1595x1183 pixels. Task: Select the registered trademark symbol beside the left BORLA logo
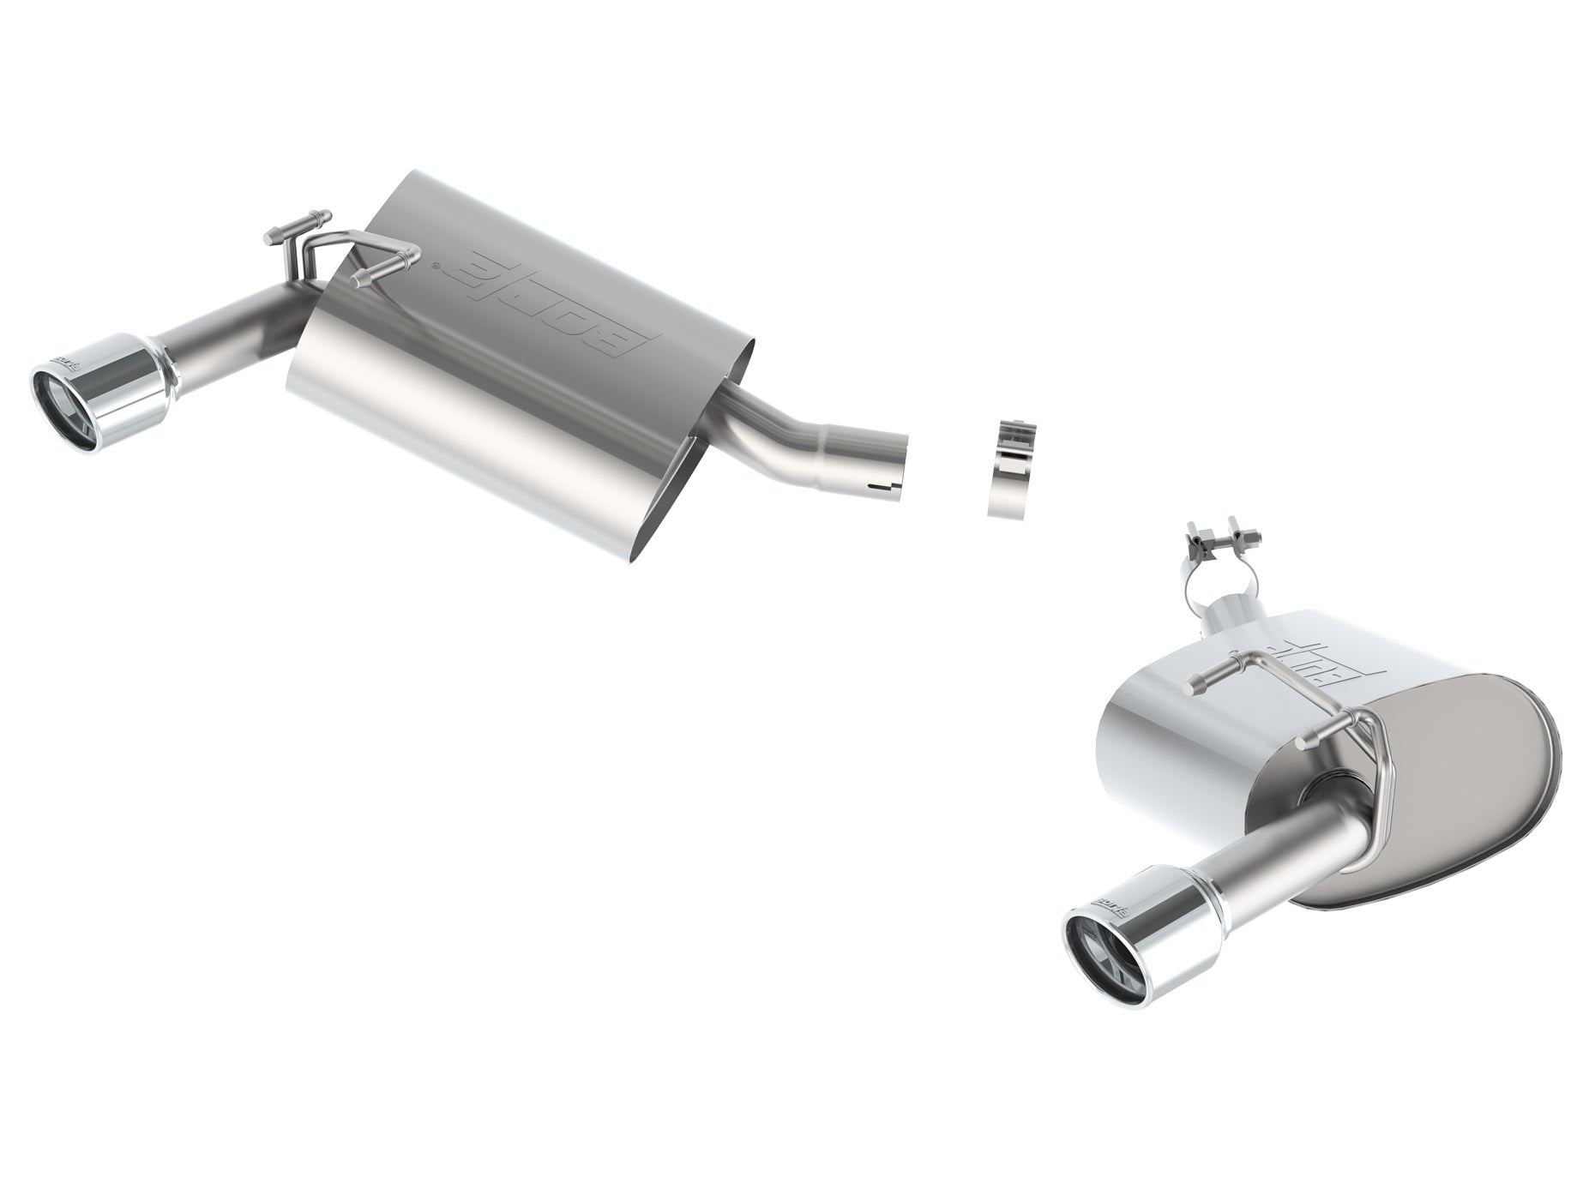[x=439, y=267]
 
